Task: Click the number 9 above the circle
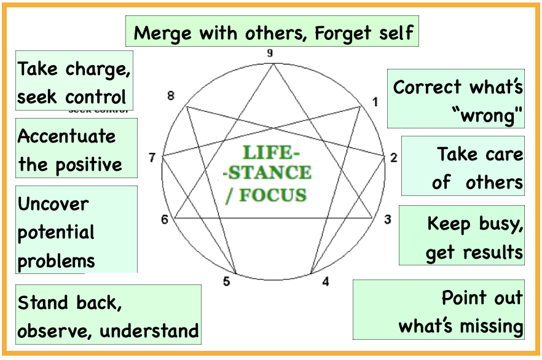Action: point(270,53)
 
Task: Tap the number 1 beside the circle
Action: point(375,102)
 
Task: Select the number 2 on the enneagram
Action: point(394,158)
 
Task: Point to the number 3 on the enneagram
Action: point(388,219)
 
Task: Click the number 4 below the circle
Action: point(326,281)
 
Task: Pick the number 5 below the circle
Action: point(226,281)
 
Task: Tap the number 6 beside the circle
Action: point(165,219)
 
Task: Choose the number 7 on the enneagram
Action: point(152,158)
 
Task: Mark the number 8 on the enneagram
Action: point(171,96)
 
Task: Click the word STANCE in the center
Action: point(270,173)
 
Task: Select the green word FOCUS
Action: point(273,195)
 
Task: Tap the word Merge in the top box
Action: point(162,34)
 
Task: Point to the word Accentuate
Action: point(67,136)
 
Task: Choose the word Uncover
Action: point(53,204)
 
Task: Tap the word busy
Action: point(501,225)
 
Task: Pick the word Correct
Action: point(427,87)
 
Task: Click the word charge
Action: point(98,69)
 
